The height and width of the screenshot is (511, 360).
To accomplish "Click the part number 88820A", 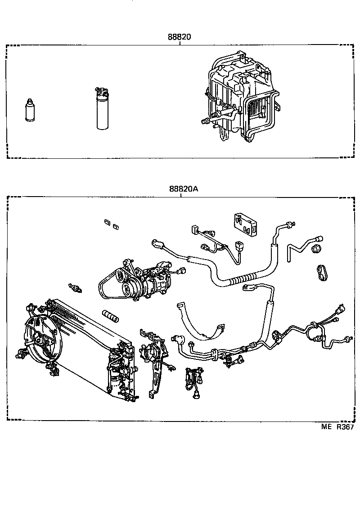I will pos(184,189).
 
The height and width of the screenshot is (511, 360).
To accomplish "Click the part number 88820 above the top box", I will pos(180,38).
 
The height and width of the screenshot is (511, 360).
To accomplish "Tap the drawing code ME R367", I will pos(337,427).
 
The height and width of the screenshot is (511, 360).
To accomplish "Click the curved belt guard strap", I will pos(202,322).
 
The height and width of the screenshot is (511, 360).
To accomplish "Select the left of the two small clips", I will pos(107,222).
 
